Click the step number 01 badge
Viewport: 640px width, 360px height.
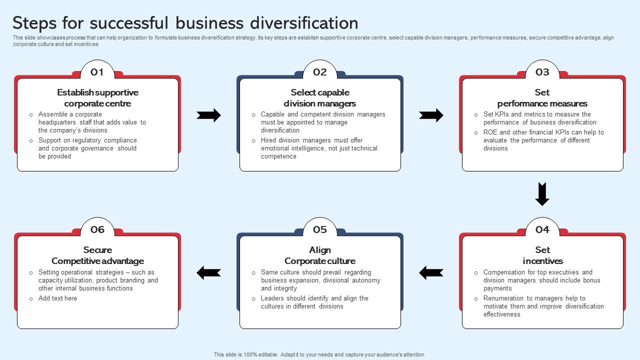(97, 72)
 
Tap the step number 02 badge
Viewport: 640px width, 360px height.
(319, 72)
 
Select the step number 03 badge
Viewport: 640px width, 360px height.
(542, 72)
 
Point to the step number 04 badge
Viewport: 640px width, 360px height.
(542, 230)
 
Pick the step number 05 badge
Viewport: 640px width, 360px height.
(319, 230)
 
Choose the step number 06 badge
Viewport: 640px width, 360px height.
(97, 230)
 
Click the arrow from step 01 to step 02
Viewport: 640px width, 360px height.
(208, 115)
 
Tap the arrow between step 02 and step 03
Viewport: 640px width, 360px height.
(431, 115)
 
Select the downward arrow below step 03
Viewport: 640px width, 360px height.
(542, 194)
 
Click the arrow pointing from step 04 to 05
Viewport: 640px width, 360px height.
(431, 272)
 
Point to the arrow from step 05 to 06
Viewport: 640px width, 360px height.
(208, 272)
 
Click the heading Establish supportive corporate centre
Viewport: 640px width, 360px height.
(97, 98)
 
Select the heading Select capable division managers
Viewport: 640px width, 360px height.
(320, 98)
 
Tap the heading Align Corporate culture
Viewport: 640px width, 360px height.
(320, 255)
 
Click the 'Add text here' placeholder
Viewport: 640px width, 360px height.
(57, 298)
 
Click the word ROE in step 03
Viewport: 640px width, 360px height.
(490, 132)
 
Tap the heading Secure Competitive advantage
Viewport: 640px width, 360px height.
(97, 255)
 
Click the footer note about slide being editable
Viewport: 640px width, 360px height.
(319, 354)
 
